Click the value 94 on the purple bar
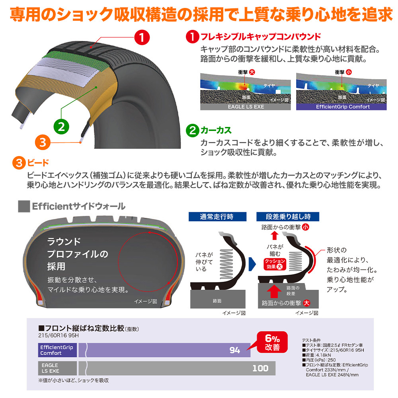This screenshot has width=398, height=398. pyautogui.click(x=235, y=350)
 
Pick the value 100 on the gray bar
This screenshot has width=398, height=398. pyautogui.click(x=260, y=369)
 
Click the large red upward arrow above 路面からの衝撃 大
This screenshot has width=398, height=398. pyautogui.click(x=274, y=293)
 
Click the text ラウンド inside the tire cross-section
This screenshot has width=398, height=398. pyautogui.click(x=64, y=241)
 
